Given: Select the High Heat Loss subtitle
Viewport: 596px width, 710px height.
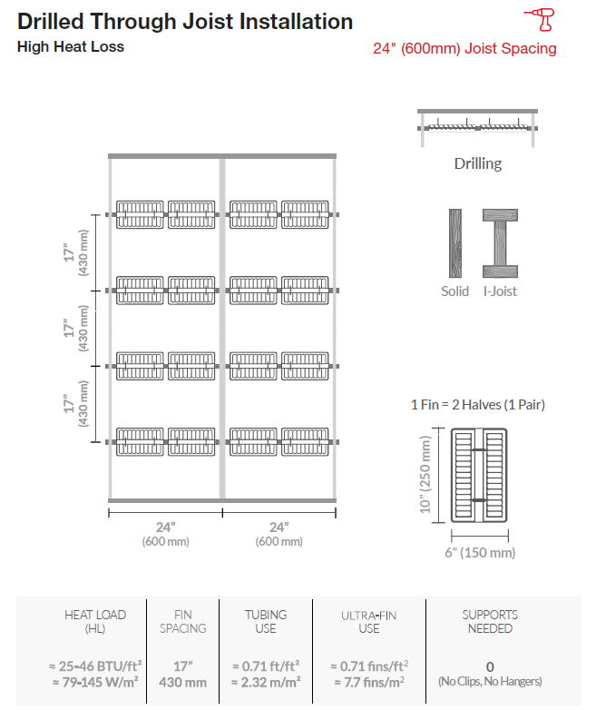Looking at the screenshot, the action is click(71, 46).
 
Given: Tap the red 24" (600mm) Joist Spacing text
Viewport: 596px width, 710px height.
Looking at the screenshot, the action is click(464, 48).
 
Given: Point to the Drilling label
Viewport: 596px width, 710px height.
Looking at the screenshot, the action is click(478, 163).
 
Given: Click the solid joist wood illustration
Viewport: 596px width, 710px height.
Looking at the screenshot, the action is click(455, 243).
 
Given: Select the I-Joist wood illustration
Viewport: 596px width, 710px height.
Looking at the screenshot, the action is click(500, 243).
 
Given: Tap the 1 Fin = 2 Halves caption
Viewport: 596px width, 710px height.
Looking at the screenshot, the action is click(478, 404).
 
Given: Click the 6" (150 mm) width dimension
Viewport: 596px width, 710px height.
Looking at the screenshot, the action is click(480, 552).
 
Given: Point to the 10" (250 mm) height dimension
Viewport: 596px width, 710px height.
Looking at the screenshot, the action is click(425, 475).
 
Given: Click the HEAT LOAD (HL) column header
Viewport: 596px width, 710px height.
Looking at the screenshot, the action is click(95, 622).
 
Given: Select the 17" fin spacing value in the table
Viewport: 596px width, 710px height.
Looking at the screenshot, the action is click(183, 666).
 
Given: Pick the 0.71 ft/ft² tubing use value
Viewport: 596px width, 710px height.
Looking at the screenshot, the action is click(266, 666).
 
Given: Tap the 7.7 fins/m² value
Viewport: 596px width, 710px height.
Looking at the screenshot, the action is click(369, 682).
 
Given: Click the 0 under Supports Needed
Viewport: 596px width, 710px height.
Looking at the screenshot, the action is click(490, 667).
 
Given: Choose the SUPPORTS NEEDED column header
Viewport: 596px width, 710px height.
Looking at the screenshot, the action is click(490, 622).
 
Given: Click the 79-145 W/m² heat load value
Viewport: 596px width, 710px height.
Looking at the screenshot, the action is click(95, 682).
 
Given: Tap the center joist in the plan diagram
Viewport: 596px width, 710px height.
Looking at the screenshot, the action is click(222, 329).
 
